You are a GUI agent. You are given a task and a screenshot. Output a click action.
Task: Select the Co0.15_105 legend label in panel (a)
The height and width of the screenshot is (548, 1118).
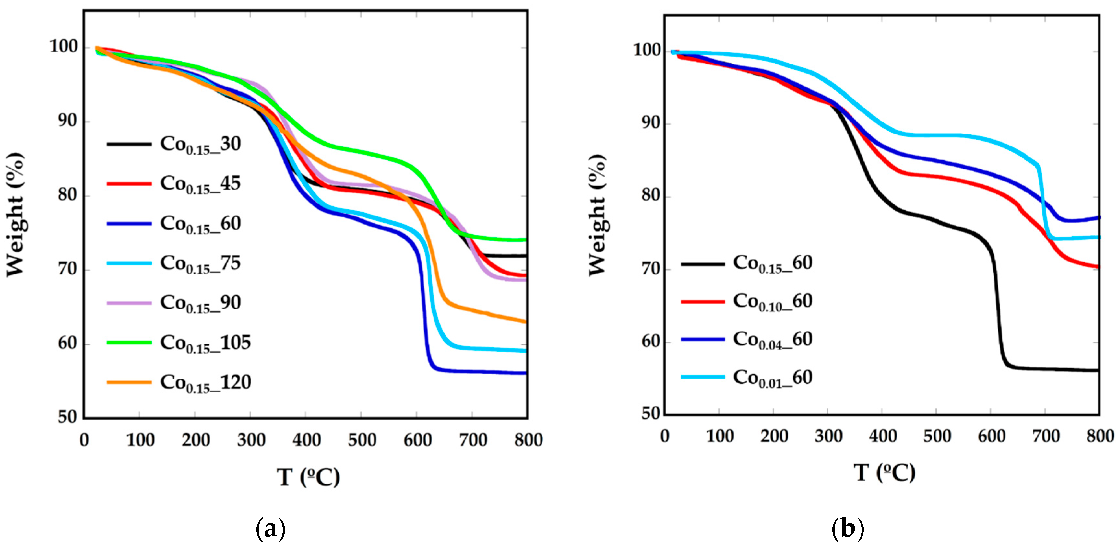(205, 343)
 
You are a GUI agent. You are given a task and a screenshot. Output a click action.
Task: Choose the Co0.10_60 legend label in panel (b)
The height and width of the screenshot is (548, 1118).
(773, 301)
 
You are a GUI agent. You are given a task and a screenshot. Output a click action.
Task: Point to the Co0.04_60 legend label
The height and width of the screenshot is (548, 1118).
(773, 339)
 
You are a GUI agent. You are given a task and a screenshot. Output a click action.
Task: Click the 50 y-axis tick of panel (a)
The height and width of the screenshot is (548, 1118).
(67, 417)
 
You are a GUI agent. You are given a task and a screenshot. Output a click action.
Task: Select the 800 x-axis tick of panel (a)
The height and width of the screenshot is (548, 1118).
(528, 440)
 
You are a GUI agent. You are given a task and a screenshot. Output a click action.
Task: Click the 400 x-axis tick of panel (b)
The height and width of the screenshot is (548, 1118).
(882, 436)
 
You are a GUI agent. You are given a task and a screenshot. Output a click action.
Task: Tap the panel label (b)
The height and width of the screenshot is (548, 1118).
(848, 529)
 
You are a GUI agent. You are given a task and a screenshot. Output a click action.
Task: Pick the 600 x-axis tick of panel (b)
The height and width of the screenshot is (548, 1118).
(991, 436)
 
